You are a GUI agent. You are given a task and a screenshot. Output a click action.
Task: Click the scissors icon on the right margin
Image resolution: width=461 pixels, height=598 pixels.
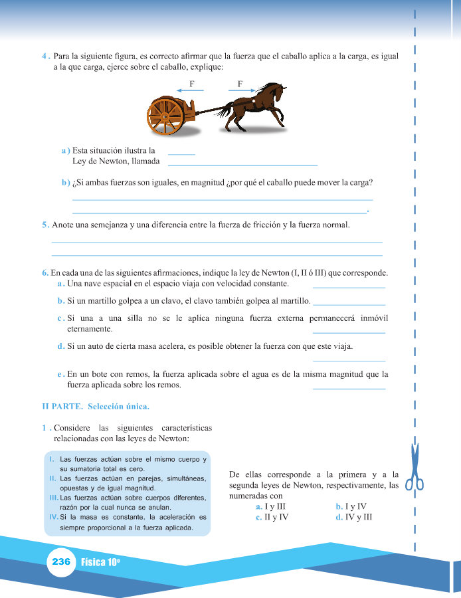click(415, 469)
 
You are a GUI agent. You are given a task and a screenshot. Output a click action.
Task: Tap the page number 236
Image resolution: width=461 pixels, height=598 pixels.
click(60, 561)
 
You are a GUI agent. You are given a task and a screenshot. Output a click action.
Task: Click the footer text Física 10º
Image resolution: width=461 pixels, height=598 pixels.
click(100, 561)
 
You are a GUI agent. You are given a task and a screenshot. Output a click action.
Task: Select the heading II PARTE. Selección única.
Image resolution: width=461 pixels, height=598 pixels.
click(96, 406)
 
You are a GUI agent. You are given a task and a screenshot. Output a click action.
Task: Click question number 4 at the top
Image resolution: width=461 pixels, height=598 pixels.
click(45, 57)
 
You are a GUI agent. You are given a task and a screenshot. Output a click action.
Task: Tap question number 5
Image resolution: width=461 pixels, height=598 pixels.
click(45, 225)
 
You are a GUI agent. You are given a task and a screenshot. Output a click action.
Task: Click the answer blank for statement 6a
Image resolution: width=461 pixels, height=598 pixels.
click(348, 287)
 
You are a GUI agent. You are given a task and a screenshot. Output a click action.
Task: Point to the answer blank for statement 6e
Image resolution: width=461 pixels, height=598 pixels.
click(348, 388)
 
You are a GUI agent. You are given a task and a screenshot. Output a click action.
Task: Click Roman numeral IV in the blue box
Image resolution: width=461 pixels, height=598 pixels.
click(53, 516)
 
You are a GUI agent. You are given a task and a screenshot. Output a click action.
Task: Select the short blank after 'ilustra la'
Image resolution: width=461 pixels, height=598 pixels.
click(181, 154)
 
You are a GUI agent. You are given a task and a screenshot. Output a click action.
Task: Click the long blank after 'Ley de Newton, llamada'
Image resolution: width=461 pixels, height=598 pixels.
click(242, 164)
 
